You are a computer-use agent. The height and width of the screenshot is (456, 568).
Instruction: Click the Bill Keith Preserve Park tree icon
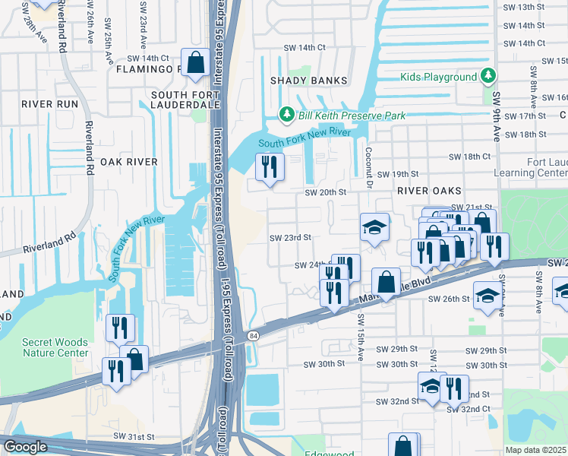pyautogui.click(x=286, y=115)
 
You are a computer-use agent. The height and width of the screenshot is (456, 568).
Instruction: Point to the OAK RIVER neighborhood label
pyautogui.click(x=128, y=162)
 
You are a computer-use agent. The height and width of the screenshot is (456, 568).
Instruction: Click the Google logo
pyautogui.click(x=25, y=447)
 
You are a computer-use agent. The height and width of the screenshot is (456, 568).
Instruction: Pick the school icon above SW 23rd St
pyautogui.click(x=374, y=226)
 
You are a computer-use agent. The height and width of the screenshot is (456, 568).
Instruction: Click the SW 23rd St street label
pyautogui.click(x=291, y=237)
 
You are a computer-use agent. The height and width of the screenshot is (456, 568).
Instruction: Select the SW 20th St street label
pyautogui.click(x=325, y=192)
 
